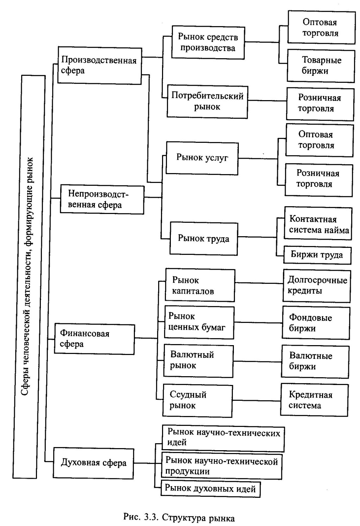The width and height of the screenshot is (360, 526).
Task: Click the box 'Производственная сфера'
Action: tap(99, 66)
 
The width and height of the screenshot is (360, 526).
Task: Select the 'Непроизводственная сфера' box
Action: tap(102, 199)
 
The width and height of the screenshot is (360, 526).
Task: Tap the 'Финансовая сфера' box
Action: tap(94, 339)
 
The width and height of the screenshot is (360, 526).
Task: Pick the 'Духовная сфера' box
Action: tap(93, 463)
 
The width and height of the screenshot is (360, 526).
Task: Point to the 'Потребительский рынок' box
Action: tap(207, 101)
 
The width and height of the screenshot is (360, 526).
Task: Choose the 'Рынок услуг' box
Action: tap(202, 158)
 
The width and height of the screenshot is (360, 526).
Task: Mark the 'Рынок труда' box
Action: tap(204, 239)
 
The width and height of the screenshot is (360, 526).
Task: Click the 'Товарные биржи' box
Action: tap(321, 66)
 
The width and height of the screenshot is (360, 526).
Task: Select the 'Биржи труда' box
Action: tap(317, 255)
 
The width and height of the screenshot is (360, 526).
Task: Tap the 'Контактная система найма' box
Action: tap(318, 224)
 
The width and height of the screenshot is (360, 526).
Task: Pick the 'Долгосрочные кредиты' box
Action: tap(316, 286)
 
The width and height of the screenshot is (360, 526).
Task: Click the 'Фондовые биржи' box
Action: tap(316, 323)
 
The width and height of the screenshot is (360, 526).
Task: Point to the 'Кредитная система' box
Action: tap(314, 400)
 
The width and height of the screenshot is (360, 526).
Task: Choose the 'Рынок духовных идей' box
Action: tap(211, 489)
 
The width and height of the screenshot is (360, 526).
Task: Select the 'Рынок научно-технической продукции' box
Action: tap(222, 466)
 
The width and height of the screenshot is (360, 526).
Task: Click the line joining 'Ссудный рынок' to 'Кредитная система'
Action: tap(256, 400)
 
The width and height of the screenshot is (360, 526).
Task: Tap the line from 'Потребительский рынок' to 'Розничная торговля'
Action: tap(267, 101)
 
